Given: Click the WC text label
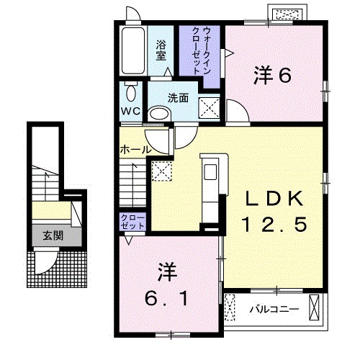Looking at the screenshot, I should click(x=130, y=112).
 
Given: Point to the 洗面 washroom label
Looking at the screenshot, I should click(x=179, y=98).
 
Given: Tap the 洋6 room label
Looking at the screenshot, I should click(x=272, y=75).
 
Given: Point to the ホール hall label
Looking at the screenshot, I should click(x=135, y=150).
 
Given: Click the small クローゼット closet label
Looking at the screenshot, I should click(x=133, y=222).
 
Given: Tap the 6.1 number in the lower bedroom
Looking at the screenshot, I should click(x=167, y=295).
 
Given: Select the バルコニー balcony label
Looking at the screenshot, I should click(x=274, y=310).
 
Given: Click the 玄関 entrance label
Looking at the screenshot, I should click(x=52, y=235).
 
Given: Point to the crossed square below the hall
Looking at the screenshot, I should click(x=161, y=172).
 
